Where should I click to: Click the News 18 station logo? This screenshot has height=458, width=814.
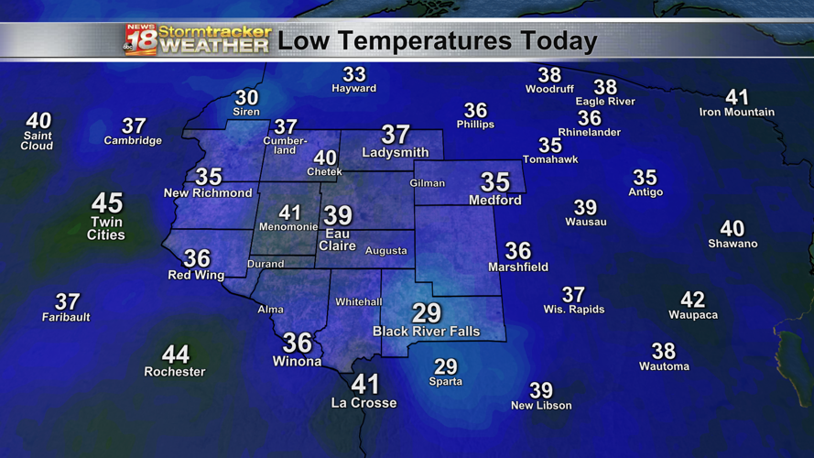(x=140, y=40)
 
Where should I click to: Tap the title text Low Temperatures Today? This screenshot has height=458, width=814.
(x=437, y=41)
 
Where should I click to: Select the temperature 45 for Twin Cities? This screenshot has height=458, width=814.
(x=107, y=202)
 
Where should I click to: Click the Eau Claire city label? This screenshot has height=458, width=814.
(x=338, y=239)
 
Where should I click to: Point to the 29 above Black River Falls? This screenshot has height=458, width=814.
(x=427, y=313)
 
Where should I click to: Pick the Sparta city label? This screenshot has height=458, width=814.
(x=446, y=381)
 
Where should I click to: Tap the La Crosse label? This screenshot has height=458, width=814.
(x=364, y=403)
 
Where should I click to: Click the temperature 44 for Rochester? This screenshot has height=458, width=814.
(x=175, y=353)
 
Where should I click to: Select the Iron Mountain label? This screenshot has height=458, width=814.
(x=736, y=113)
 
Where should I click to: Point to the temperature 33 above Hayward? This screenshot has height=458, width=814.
(x=353, y=74)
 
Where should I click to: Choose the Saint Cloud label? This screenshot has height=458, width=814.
(x=38, y=141)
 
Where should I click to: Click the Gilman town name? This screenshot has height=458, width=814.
(x=428, y=183)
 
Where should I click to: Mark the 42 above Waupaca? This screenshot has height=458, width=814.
(x=693, y=300)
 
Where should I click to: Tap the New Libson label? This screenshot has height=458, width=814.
(x=541, y=406)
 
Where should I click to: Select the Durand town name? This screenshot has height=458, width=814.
(x=265, y=265)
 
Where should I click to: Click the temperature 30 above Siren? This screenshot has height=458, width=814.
(x=246, y=97)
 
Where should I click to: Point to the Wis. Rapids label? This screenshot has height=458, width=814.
(x=574, y=310)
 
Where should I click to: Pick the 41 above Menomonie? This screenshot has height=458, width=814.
(x=289, y=213)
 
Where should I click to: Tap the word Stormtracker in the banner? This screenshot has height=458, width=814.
(x=215, y=32)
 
